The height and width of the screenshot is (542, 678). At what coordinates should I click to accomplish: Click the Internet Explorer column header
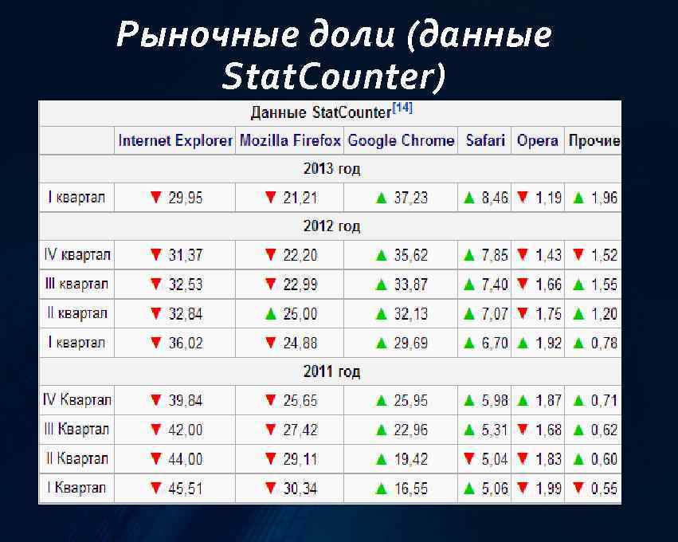point(176,141)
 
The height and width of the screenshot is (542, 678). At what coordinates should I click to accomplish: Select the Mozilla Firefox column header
point(290,141)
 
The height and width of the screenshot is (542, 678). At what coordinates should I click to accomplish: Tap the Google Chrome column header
point(401,141)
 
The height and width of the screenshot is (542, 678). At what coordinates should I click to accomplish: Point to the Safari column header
point(485,141)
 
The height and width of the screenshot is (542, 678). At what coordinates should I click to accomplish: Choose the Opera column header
point(537,141)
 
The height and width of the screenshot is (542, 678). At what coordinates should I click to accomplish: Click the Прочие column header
point(594,141)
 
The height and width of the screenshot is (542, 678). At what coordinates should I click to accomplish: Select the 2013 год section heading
point(331,169)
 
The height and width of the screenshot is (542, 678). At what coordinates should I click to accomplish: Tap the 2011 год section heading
point(331,371)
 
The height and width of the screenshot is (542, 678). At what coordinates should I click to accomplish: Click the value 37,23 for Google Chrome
point(410,198)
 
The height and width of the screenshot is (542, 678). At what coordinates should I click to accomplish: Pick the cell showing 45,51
point(185,488)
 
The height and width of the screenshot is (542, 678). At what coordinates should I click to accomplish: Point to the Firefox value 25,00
point(300,314)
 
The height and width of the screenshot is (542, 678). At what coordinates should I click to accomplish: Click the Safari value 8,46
point(495,198)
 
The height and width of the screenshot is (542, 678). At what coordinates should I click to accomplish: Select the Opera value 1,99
point(548,488)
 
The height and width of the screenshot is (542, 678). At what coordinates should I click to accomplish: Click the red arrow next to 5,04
point(469,458)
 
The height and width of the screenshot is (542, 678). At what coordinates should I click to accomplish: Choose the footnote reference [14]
point(402,108)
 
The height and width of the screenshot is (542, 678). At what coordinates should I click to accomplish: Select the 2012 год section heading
point(331,226)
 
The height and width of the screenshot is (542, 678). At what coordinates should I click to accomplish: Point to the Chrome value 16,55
point(410,488)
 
